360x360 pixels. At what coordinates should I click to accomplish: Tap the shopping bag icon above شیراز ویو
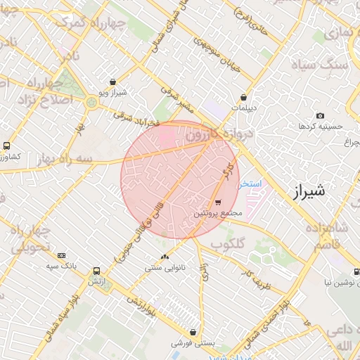click(113, 82)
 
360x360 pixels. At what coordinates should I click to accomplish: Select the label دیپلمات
click(243, 108)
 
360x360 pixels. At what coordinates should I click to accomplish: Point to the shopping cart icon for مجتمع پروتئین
click(217, 202)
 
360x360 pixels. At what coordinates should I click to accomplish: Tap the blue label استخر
click(250, 184)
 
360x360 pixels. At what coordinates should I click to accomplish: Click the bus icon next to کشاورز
click(6, 146)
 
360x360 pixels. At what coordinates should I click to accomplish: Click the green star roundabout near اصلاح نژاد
click(91, 103)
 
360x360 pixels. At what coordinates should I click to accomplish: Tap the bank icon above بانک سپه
click(62, 255)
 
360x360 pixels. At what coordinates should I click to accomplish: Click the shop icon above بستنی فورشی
click(193, 333)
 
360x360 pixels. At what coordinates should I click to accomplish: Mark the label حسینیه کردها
click(321, 127)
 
